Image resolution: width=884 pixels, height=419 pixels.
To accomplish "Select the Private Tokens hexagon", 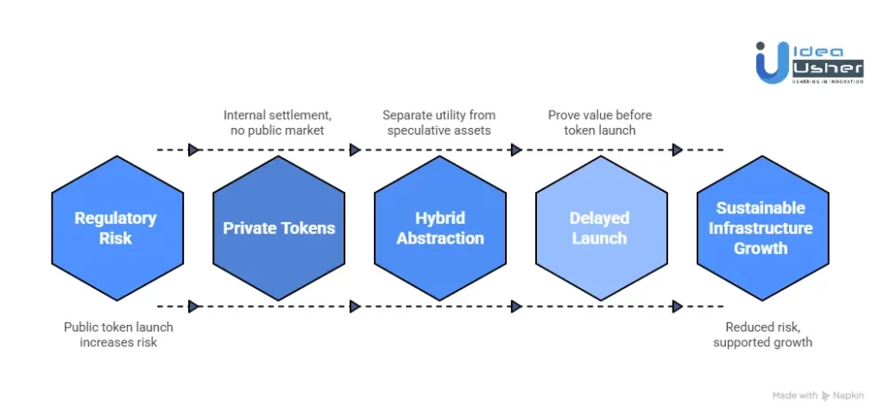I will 279,228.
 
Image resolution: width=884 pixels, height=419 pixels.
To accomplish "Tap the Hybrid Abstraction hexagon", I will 440,228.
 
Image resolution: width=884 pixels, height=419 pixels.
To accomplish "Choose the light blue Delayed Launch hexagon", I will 601,228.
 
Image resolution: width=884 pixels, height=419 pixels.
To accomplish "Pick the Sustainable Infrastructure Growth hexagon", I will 761,228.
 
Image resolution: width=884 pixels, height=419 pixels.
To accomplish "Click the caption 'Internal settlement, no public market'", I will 279,123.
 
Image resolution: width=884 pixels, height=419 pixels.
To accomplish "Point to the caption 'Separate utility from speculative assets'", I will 440,123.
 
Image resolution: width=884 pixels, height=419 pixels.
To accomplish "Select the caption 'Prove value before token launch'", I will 600,123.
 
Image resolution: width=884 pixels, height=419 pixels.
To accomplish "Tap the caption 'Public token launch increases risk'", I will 118,335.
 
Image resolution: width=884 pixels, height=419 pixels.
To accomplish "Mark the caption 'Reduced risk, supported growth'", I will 762,335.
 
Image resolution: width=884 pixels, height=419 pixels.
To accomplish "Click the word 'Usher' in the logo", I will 827,67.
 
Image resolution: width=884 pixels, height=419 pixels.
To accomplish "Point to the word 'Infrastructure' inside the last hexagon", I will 761,228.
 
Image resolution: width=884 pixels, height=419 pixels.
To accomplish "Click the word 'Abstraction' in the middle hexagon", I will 440,238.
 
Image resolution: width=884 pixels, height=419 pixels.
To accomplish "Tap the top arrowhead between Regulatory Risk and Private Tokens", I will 194,149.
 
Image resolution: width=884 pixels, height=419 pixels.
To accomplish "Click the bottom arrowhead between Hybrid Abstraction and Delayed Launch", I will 516,306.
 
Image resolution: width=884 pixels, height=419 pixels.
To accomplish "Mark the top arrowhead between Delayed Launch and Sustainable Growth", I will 678,149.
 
